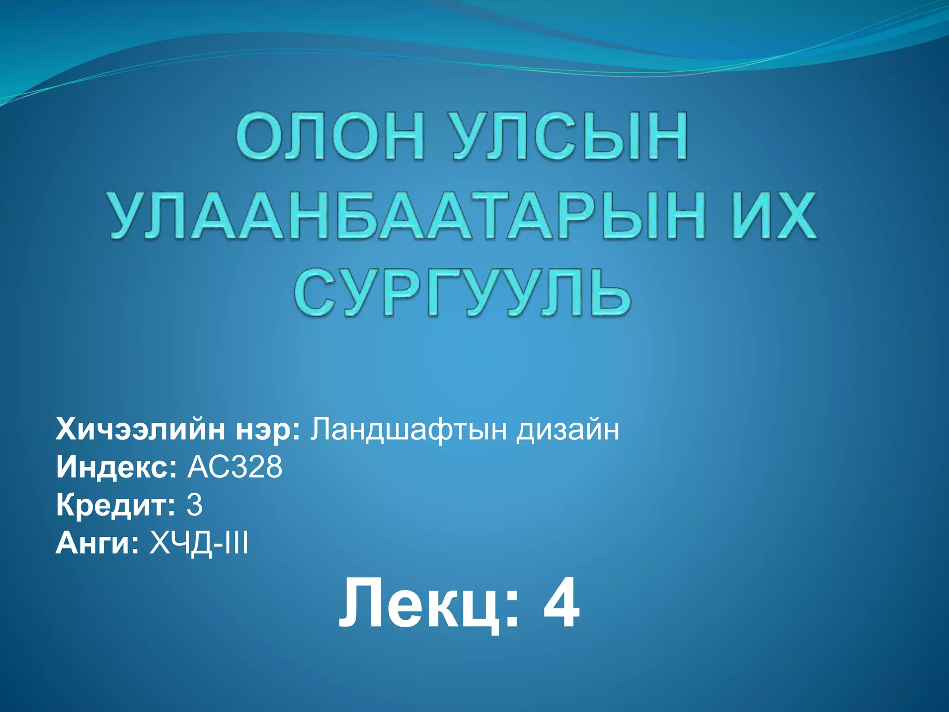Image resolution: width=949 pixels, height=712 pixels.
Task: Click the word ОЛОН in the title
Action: pyautogui.click(x=330, y=137)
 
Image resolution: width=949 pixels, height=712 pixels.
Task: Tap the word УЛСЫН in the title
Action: pyautogui.click(x=569, y=137)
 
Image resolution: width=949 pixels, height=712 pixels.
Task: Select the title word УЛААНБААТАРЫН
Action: pyautogui.click(x=408, y=216)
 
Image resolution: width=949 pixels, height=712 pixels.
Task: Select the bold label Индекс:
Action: pyautogui.click(x=116, y=467)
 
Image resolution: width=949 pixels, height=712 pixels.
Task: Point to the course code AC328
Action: pyautogui.click(x=234, y=467)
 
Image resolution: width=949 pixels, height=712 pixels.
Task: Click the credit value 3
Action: pyautogui.click(x=195, y=505)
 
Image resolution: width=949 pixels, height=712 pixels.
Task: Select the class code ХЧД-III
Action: pyautogui.click(x=199, y=543)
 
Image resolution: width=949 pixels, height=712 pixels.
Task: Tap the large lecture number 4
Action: pyautogui.click(x=561, y=604)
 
